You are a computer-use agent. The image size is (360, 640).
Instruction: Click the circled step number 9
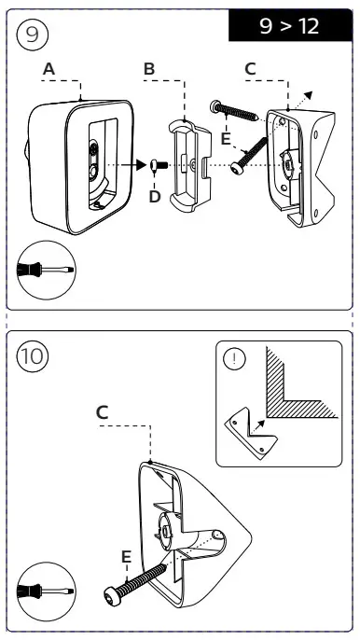33,35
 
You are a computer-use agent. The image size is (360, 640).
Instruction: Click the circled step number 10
33,356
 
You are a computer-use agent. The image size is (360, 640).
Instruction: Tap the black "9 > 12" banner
290,25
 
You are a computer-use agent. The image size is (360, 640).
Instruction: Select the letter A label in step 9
49,69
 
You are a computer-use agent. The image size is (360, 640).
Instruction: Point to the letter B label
149,69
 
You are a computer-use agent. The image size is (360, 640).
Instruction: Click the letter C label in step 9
250,69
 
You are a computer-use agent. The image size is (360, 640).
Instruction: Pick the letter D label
155,197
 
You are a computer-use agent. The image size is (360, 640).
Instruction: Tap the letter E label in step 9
226,139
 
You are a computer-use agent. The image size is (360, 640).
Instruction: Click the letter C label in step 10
102,412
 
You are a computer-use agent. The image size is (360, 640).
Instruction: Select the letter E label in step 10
127,556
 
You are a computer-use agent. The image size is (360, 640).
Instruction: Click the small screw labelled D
159,165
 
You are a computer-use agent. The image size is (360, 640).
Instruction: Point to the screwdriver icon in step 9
46,270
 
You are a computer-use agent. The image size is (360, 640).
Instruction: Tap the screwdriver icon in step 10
46,591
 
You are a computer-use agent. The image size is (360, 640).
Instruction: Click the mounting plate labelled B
190,166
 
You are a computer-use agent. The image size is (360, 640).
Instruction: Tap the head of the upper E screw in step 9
215,106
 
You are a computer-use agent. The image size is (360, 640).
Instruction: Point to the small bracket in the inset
251,434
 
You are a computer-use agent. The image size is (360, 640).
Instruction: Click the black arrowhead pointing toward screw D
140,165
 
